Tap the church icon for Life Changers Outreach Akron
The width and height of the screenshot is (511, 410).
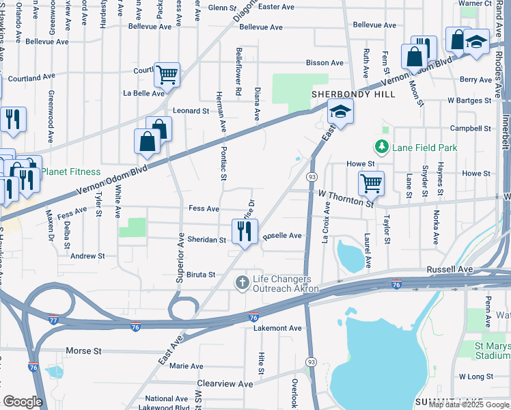click(x=242, y=282)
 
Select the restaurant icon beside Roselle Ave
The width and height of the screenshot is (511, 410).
click(x=245, y=232)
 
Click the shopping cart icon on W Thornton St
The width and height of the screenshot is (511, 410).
click(x=371, y=182)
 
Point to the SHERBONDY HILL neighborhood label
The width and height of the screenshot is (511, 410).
click(x=354, y=94)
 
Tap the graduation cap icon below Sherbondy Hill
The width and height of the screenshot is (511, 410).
click(x=340, y=111)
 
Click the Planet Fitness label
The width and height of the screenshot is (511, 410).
click(x=70, y=172)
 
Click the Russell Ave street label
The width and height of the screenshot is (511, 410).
click(x=450, y=270)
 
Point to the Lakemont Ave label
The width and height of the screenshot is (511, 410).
click(x=277, y=328)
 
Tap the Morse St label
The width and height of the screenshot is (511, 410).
click(x=83, y=351)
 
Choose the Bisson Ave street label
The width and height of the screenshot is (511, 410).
click(x=324, y=63)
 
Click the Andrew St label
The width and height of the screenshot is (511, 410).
click(x=88, y=256)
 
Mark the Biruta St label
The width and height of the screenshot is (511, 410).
click(x=202, y=275)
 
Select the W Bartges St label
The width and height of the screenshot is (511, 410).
click(x=469, y=100)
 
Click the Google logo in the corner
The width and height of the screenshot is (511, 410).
click(x=23, y=402)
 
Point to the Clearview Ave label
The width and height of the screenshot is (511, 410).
click(x=225, y=384)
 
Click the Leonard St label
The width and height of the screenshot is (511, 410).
click(x=191, y=111)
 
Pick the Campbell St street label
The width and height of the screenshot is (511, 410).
click(x=470, y=128)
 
